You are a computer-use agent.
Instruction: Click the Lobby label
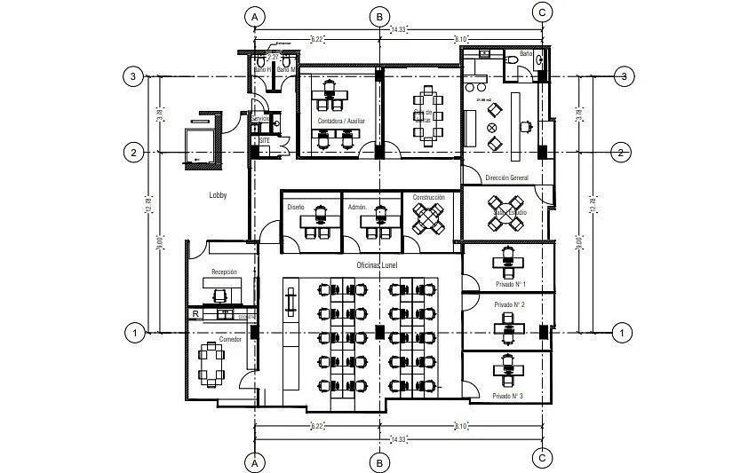point(219,195)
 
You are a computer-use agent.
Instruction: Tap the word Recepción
point(224,272)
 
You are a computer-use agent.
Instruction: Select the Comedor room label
point(230,340)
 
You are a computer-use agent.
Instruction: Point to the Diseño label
point(296,207)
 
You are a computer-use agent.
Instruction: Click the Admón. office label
point(358,207)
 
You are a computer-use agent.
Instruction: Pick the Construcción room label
point(429,198)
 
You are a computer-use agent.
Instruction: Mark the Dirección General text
point(506,178)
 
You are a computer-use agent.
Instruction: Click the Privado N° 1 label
point(510,284)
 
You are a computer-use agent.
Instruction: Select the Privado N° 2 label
point(510,304)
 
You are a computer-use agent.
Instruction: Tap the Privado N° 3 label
point(507,396)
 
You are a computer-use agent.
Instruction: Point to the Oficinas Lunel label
point(377,265)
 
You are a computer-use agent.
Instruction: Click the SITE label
point(264,140)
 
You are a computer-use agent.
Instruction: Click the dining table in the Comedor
point(212,365)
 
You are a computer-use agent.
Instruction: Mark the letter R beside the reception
point(195,313)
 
